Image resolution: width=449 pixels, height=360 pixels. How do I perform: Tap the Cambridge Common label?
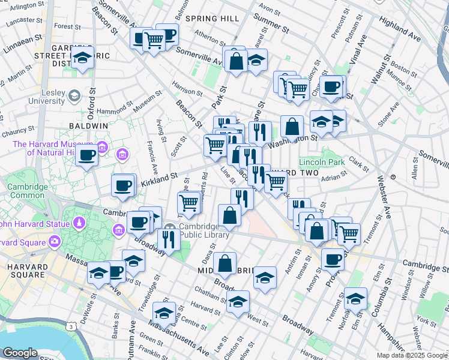tap(22, 191)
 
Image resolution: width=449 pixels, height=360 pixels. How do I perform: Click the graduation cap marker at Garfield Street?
tap(83, 58)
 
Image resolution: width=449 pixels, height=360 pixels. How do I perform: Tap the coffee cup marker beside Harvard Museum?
tap(87, 155)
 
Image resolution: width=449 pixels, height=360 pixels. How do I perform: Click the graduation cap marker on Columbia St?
tap(355, 298)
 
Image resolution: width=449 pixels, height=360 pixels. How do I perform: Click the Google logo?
tap(20, 353)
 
